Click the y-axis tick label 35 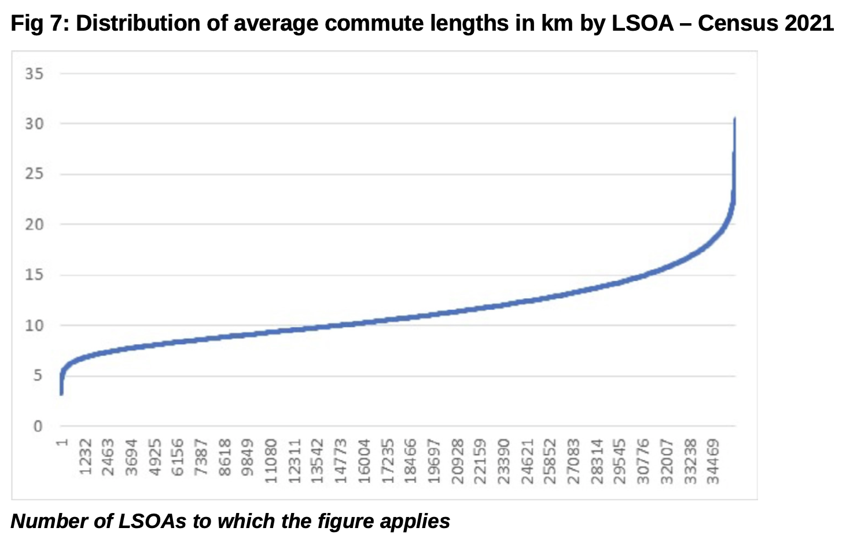coord(34,74)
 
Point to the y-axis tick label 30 coord(34,124)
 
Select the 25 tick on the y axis coord(34,174)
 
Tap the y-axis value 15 coord(34,274)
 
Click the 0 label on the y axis coord(38,427)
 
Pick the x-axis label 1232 coord(86,457)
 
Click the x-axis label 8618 coord(225,457)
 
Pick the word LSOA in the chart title coord(642,23)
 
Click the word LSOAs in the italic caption coord(152,521)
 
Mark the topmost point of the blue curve coord(734,118)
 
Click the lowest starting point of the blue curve coord(61,394)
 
